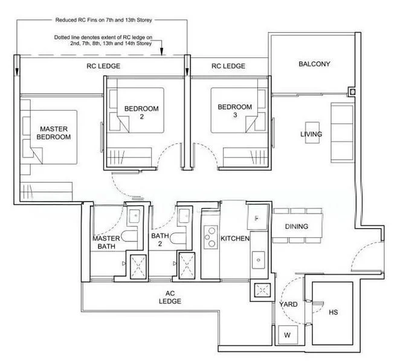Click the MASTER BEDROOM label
(x=55, y=132)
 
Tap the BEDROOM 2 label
(x=141, y=113)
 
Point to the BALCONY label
(x=314, y=64)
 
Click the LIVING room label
(x=311, y=134)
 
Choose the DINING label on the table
(x=297, y=226)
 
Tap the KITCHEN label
(x=235, y=239)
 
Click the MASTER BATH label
(x=106, y=243)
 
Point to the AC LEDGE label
(x=171, y=296)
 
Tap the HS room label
(x=334, y=313)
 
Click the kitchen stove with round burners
(x=210, y=236)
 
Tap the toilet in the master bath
(x=128, y=237)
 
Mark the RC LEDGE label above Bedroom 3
(x=228, y=66)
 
